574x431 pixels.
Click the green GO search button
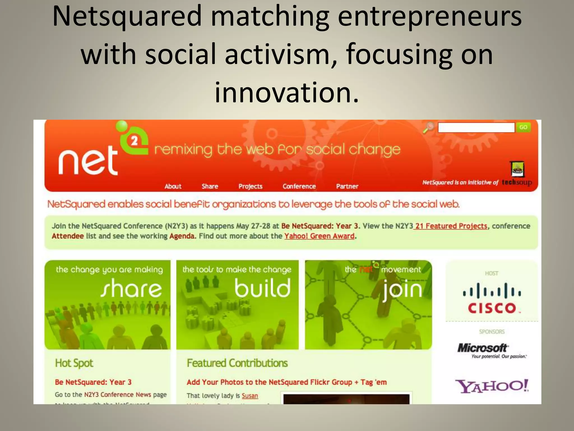[x=523, y=127]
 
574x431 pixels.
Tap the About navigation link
[x=173, y=186]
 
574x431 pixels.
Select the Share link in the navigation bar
[x=210, y=186]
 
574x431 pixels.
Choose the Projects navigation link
[x=250, y=186]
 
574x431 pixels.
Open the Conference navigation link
[x=299, y=186]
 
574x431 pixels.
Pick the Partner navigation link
[x=347, y=186]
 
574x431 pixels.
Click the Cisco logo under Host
[x=492, y=299]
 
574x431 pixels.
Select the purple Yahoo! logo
[x=492, y=386]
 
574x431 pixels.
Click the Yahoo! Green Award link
[x=319, y=236]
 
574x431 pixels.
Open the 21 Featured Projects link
[x=451, y=226]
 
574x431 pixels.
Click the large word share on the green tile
[x=131, y=288]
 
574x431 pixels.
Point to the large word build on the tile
[x=263, y=288]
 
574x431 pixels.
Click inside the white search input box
[x=476, y=128]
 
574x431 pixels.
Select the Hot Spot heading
[x=74, y=363]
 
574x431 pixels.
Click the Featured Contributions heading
[x=237, y=363]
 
